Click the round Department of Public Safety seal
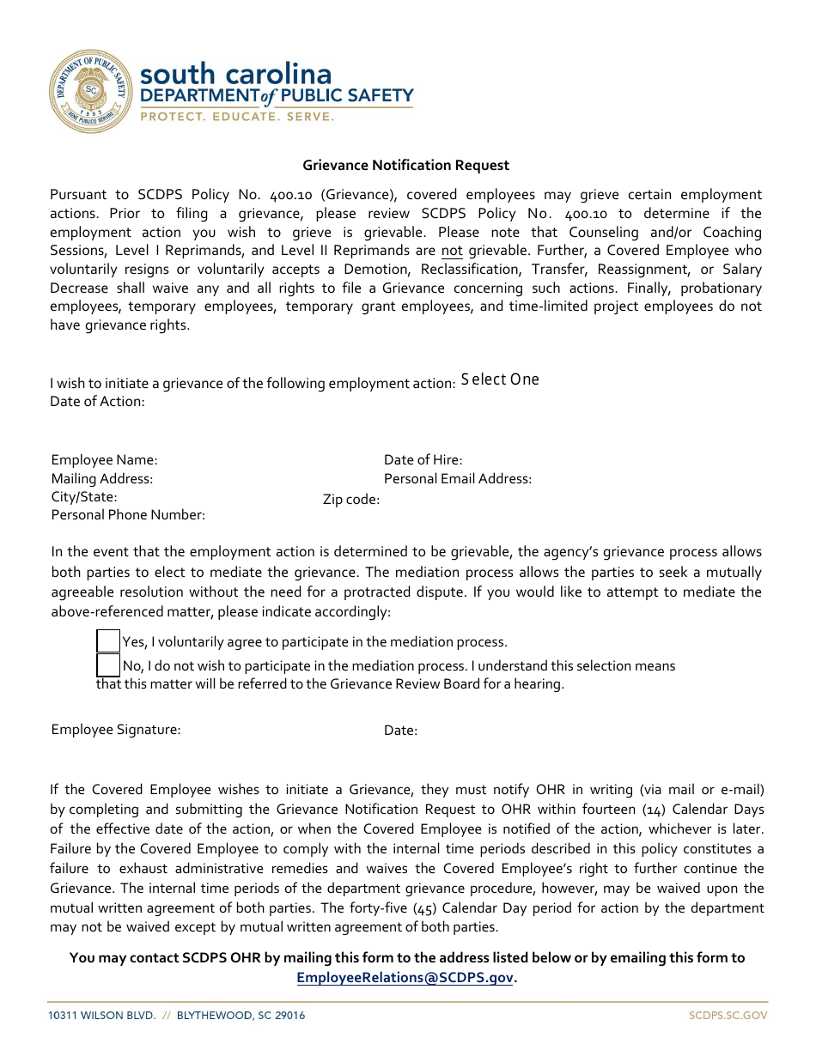click(90, 91)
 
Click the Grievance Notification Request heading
click(405, 166)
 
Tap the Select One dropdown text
click(500, 379)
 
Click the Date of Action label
click(97, 401)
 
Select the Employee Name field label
click(104, 460)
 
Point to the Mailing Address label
click(101, 478)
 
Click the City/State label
click(84, 496)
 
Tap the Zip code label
click(350, 499)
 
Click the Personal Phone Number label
click(128, 515)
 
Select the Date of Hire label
click(423, 460)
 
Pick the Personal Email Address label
click(457, 478)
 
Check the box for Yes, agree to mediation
click(108, 641)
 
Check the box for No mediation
click(108, 665)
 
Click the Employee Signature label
click(116, 729)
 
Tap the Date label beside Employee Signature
click(400, 731)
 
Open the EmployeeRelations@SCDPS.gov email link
click(405, 977)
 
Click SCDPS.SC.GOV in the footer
click(728, 1016)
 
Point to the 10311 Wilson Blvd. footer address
click(176, 1016)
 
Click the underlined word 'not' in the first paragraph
click(452, 251)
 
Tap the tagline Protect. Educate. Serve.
click(237, 117)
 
